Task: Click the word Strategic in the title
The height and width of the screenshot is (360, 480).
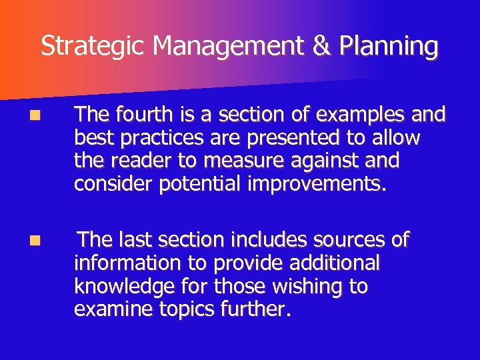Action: point(94,47)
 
